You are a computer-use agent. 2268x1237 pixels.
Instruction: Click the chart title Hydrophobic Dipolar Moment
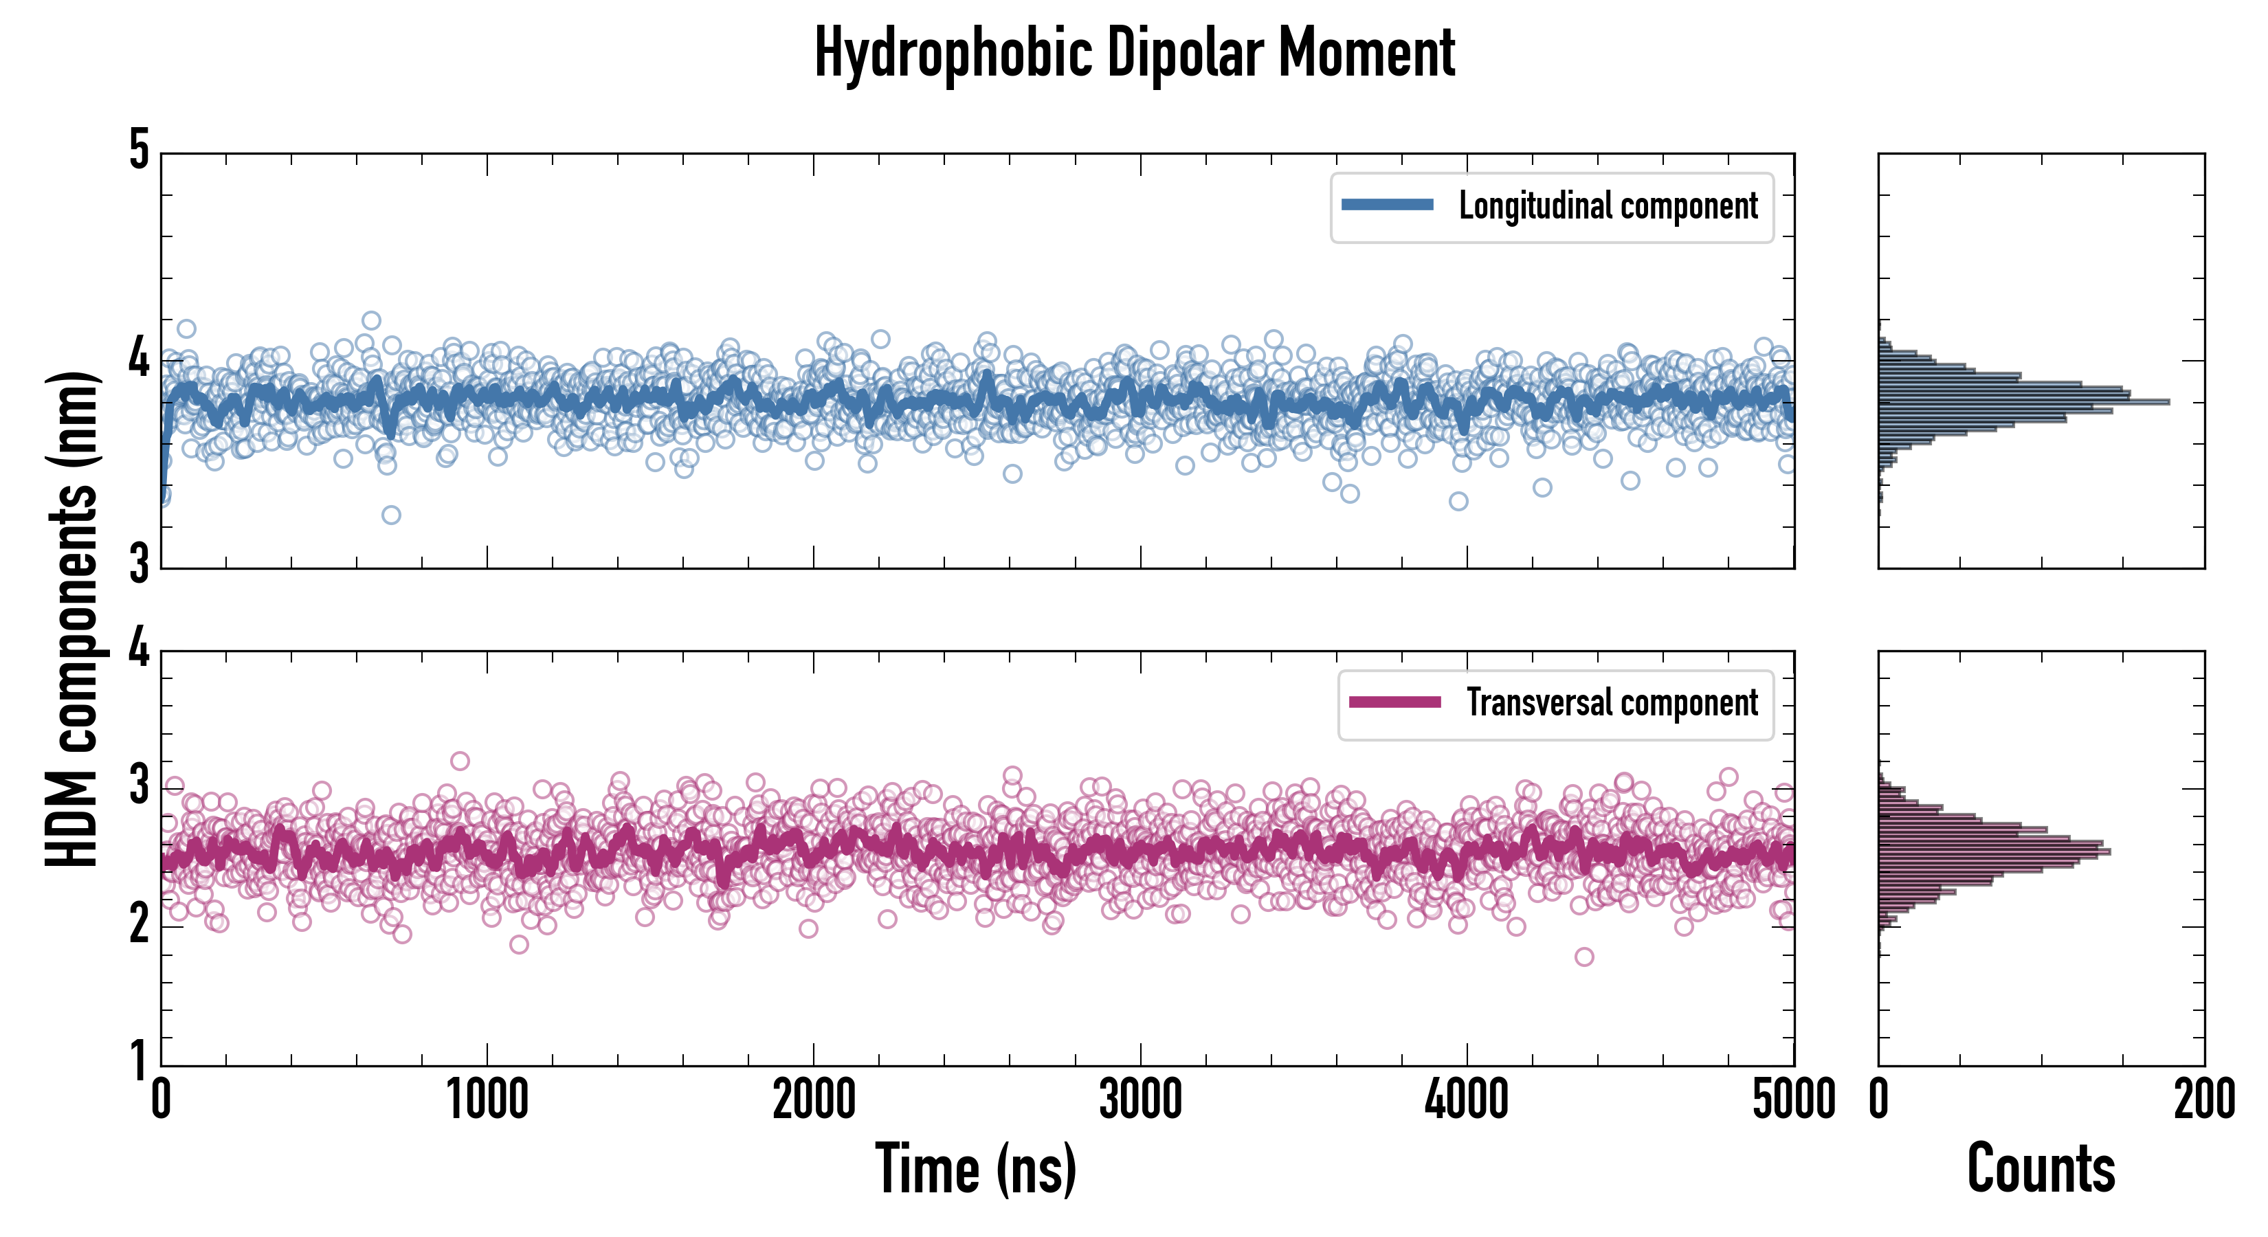(1134, 53)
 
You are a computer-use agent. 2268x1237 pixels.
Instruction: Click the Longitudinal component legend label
(1608, 206)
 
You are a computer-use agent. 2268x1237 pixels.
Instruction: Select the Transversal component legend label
(1611, 702)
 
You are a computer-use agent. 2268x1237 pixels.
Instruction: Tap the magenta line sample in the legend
(1394, 702)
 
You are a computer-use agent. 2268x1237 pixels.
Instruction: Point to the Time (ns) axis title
(975, 1168)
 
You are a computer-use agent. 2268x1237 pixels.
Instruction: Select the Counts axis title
(2041, 1168)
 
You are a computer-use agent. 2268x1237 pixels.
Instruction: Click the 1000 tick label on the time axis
(487, 1100)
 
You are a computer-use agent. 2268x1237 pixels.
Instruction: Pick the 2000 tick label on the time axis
(814, 1100)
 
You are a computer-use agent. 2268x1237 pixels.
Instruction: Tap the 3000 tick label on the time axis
(1140, 1100)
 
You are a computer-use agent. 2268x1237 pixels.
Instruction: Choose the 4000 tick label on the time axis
(1467, 1100)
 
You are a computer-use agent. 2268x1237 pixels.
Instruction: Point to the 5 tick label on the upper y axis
(139, 151)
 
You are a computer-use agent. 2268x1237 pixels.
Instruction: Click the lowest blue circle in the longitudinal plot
(391, 515)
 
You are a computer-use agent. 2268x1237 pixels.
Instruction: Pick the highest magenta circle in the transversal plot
(460, 761)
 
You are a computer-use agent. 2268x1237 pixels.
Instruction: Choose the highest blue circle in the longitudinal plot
(372, 320)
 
